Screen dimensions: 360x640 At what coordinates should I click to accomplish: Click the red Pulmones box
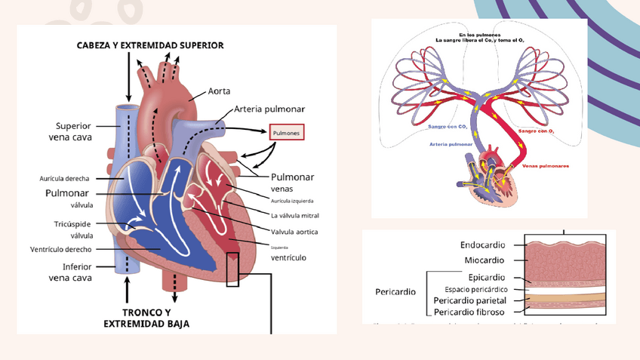[287, 134]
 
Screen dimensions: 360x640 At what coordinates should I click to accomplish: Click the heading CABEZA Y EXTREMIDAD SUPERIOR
[150, 45]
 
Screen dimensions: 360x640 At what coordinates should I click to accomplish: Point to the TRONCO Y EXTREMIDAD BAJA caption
[146, 318]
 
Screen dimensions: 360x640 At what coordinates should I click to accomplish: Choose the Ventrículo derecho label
[61, 249]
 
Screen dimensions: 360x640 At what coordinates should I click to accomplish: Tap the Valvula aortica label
[294, 230]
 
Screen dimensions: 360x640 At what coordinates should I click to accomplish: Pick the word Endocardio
[482, 245]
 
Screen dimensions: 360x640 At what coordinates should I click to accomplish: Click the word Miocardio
[485, 260]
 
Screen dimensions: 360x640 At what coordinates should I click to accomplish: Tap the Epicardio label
[487, 278]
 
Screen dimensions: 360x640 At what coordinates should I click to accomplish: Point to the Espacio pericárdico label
[475, 289]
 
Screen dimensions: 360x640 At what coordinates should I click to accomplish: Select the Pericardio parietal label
[470, 300]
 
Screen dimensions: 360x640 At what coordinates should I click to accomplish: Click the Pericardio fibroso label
[469, 312]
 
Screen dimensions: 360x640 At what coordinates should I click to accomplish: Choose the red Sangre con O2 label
[537, 131]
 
